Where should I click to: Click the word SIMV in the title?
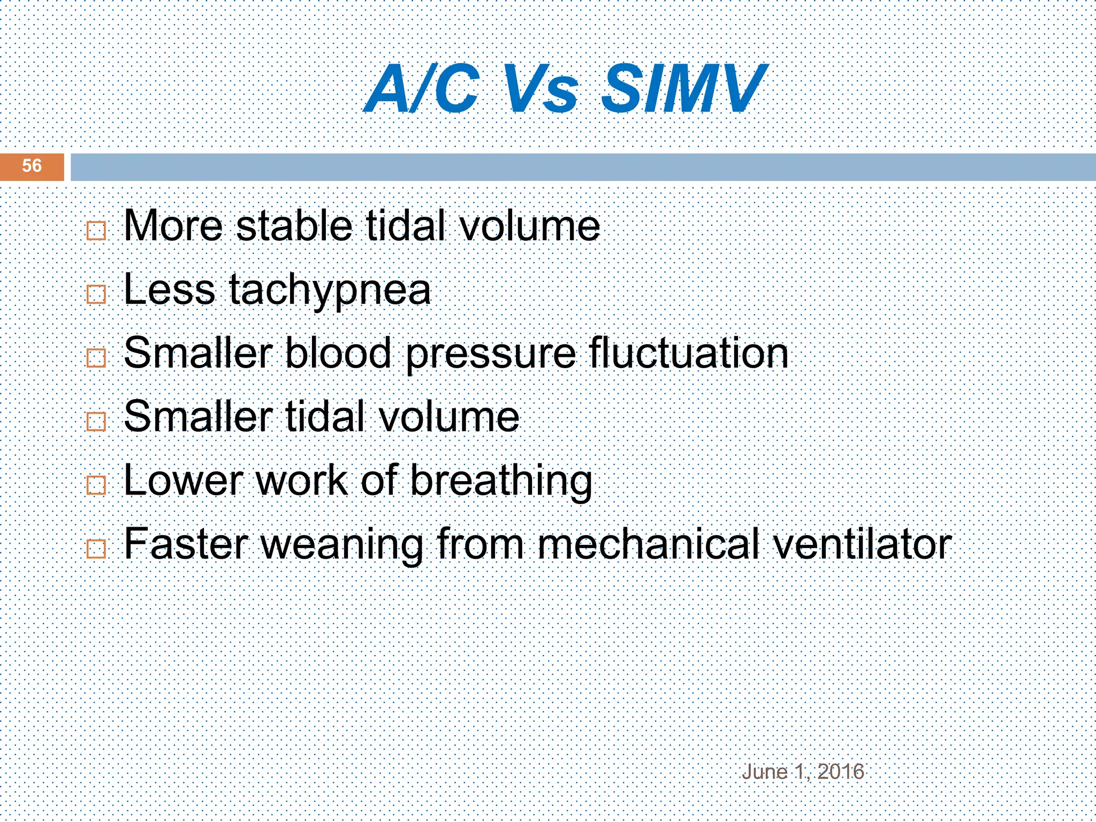(683, 88)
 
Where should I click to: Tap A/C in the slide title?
(422, 88)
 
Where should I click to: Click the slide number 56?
(32, 166)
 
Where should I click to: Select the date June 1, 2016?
(803, 772)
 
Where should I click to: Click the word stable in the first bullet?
(294, 226)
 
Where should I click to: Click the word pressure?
(491, 354)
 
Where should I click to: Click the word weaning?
(342, 545)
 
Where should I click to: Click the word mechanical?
(649, 544)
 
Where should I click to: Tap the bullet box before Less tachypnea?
(96, 294)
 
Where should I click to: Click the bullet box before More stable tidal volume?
(96, 231)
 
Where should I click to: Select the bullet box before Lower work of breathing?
(96, 485)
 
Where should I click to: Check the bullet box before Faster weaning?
(96, 549)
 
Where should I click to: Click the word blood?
(338, 353)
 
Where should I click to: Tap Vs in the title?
(541, 88)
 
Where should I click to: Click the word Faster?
(186, 544)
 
